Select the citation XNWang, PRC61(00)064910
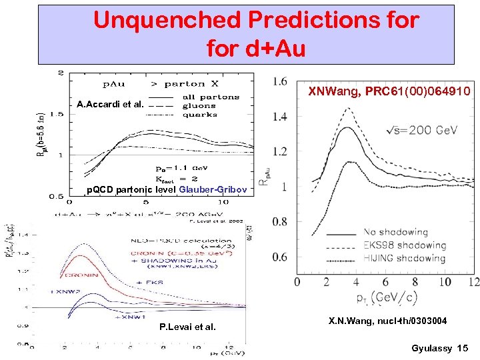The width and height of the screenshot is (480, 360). (389, 91)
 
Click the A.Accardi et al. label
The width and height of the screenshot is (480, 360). (109, 105)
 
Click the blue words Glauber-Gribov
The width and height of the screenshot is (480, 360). (216, 190)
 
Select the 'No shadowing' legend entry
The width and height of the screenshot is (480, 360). (395, 232)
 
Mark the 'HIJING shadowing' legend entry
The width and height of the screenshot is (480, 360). (403, 258)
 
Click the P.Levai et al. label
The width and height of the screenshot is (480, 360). (187, 327)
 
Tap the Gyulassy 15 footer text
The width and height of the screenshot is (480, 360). (440, 348)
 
